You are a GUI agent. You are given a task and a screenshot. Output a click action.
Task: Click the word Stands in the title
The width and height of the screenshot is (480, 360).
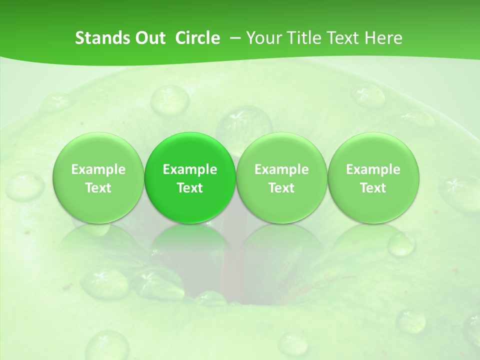pyautogui.click(x=100, y=38)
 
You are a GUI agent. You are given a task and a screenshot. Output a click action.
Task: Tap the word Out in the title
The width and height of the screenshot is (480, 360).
pyautogui.click(x=148, y=38)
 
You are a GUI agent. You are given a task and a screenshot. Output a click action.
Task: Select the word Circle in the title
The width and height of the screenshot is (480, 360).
pyautogui.click(x=197, y=38)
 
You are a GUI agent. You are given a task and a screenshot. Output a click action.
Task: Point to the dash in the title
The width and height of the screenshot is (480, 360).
pyautogui.click(x=233, y=38)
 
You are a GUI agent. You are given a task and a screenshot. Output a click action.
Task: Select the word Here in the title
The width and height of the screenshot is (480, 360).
pyautogui.click(x=384, y=38)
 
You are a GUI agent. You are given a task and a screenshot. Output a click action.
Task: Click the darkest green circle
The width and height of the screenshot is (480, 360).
pyautogui.click(x=190, y=177)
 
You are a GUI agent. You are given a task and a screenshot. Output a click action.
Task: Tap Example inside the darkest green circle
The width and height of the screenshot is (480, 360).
pyautogui.click(x=190, y=169)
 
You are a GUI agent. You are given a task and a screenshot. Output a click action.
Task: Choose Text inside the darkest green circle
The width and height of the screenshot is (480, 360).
pyautogui.click(x=190, y=188)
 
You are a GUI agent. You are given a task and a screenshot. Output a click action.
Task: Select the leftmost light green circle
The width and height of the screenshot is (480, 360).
pyautogui.click(x=98, y=177)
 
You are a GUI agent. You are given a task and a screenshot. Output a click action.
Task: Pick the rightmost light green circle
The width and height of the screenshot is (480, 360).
pyautogui.click(x=373, y=177)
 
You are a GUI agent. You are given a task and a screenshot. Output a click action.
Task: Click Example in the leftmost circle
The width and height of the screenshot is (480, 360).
pyautogui.click(x=98, y=169)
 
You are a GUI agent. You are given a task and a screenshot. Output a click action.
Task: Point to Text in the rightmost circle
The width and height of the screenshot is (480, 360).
pyautogui.click(x=373, y=188)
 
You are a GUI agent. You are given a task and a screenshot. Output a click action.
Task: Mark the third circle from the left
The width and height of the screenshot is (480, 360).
pyautogui.click(x=281, y=177)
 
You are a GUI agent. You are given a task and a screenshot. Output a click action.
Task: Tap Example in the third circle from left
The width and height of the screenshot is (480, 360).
pyautogui.click(x=281, y=169)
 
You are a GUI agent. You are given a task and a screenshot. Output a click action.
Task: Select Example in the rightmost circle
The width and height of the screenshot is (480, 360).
pyautogui.click(x=373, y=169)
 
